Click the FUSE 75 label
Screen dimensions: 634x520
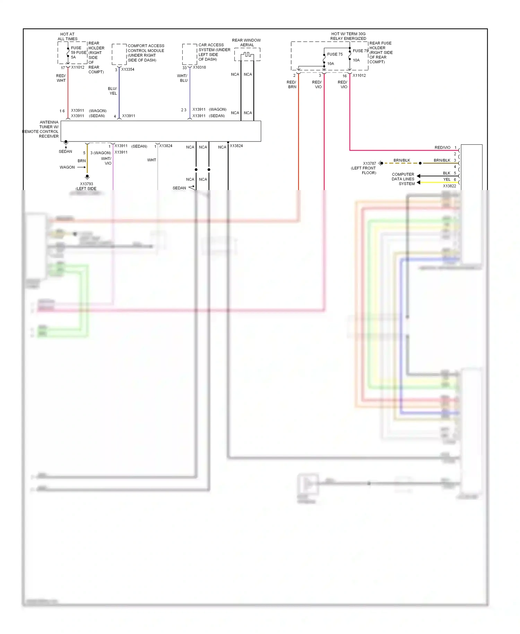pos(335,54)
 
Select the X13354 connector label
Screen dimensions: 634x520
pos(128,69)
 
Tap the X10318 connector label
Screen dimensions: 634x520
pos(199,67)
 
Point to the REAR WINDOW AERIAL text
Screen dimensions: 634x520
pos(246,42)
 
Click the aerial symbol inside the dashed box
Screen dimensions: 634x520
pos(247,54)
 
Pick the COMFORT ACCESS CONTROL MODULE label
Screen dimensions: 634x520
pos(146,53)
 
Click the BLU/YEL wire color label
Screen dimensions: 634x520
pos(113,91)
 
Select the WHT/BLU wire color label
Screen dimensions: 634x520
pos(182,78)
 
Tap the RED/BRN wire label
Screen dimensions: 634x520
pos(292,84)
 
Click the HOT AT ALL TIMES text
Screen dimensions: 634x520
pos(67,36)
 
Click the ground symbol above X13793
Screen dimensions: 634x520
pos(87,177)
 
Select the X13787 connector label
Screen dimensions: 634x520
pos(369,163)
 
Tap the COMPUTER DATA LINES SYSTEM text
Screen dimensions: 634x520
pos(403,179)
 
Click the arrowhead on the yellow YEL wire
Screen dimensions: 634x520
pos(418,182)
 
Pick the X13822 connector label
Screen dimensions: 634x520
pos(449,186)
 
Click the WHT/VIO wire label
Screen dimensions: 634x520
pos(106,161)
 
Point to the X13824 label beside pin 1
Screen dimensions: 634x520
pos(165,146)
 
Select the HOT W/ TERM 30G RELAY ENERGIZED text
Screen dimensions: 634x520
pos(348,36)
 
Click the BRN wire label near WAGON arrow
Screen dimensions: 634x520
pos(81,161)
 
